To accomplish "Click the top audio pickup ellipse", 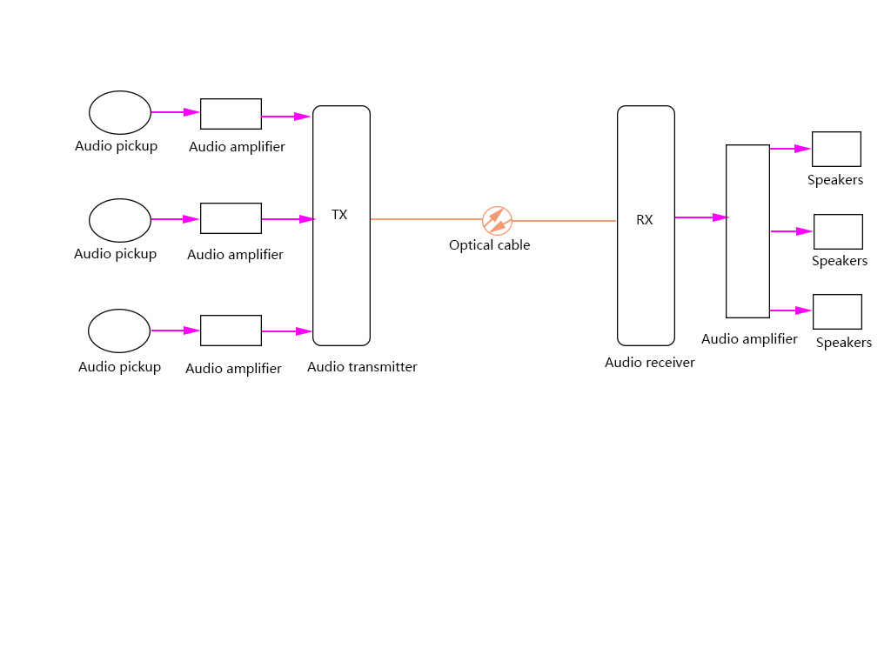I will (120, 112).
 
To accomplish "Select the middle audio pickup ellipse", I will (120, 220).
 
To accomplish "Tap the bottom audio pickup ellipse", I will (119, 331).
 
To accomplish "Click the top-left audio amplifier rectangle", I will (231, 114).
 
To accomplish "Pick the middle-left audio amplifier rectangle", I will (231, 218).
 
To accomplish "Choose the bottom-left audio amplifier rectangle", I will (231, 331).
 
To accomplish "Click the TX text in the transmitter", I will (339, 215).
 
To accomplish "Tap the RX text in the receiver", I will (644, 220).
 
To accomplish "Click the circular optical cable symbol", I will (497, 221).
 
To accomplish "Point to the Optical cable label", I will (489, 245).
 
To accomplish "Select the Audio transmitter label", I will (362, 367).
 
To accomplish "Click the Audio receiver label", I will (649, 363).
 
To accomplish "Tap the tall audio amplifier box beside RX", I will (747, 230).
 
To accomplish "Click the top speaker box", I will (836, 149).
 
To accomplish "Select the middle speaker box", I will (838, 231).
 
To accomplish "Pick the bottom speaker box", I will (837, 311).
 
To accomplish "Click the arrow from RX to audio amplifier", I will (700, 217).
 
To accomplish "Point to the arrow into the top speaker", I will (790, 149).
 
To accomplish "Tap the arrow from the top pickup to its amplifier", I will (176, 112).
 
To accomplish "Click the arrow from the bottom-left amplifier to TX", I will (287, 331).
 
